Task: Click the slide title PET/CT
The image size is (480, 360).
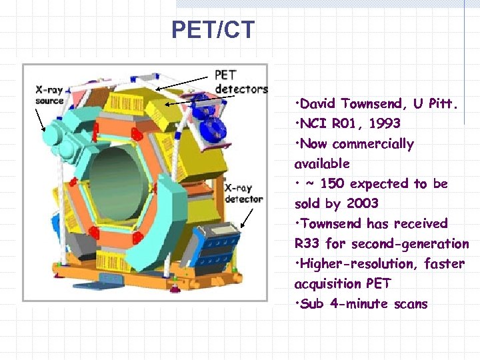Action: coord(213,30)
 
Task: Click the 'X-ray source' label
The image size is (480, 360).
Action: coord(50,95)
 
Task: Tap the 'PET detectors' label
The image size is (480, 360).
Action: coord(241,81)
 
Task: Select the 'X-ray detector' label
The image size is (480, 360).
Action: coord(244,193)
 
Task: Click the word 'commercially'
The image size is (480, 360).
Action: coord(373,144)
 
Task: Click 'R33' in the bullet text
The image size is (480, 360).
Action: coord(307,243)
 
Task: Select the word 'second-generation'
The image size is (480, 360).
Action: coord(410,243)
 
